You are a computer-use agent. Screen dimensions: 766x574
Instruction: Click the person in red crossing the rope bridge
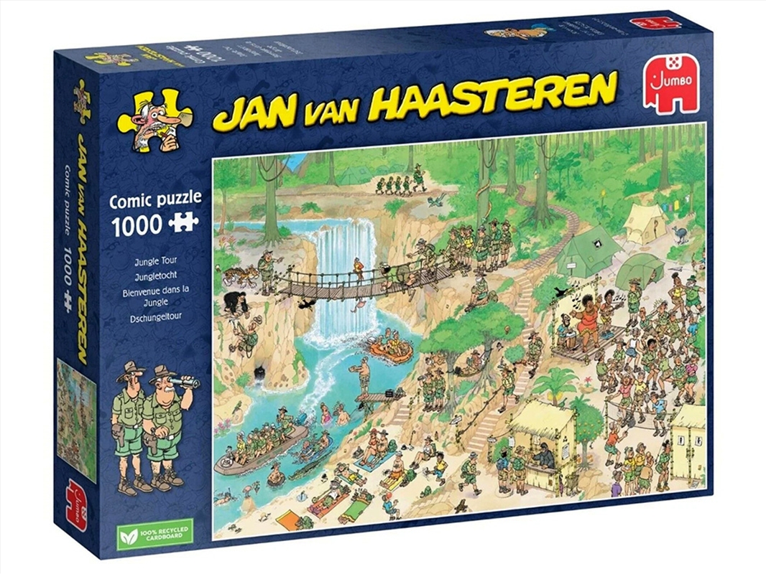click(x=357, y=270)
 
